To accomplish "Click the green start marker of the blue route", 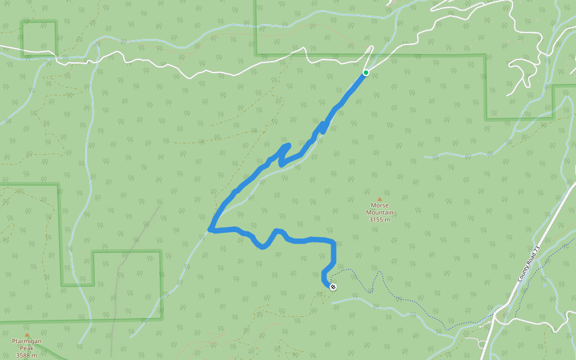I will pos(365,73).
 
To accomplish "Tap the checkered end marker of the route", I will pos(333,287).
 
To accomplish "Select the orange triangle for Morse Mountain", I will pos(379,199).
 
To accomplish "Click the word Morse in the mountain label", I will pos(380,206).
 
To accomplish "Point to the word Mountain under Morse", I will pos(380,212).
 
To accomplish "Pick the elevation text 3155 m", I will pos(380,220).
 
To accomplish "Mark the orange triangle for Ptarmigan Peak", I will pos(26,335).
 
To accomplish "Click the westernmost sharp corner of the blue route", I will pos(210,229).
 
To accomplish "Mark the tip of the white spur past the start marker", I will pos(372,47).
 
